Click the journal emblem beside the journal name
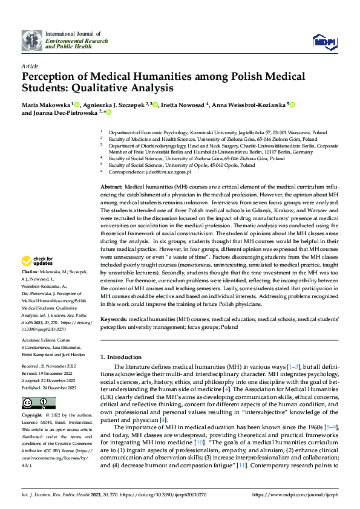[31, 41]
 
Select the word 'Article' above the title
[30, 66]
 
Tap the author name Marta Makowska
[46, 105]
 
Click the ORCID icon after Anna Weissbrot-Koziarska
[293, 105]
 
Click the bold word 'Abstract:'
[111, 188]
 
